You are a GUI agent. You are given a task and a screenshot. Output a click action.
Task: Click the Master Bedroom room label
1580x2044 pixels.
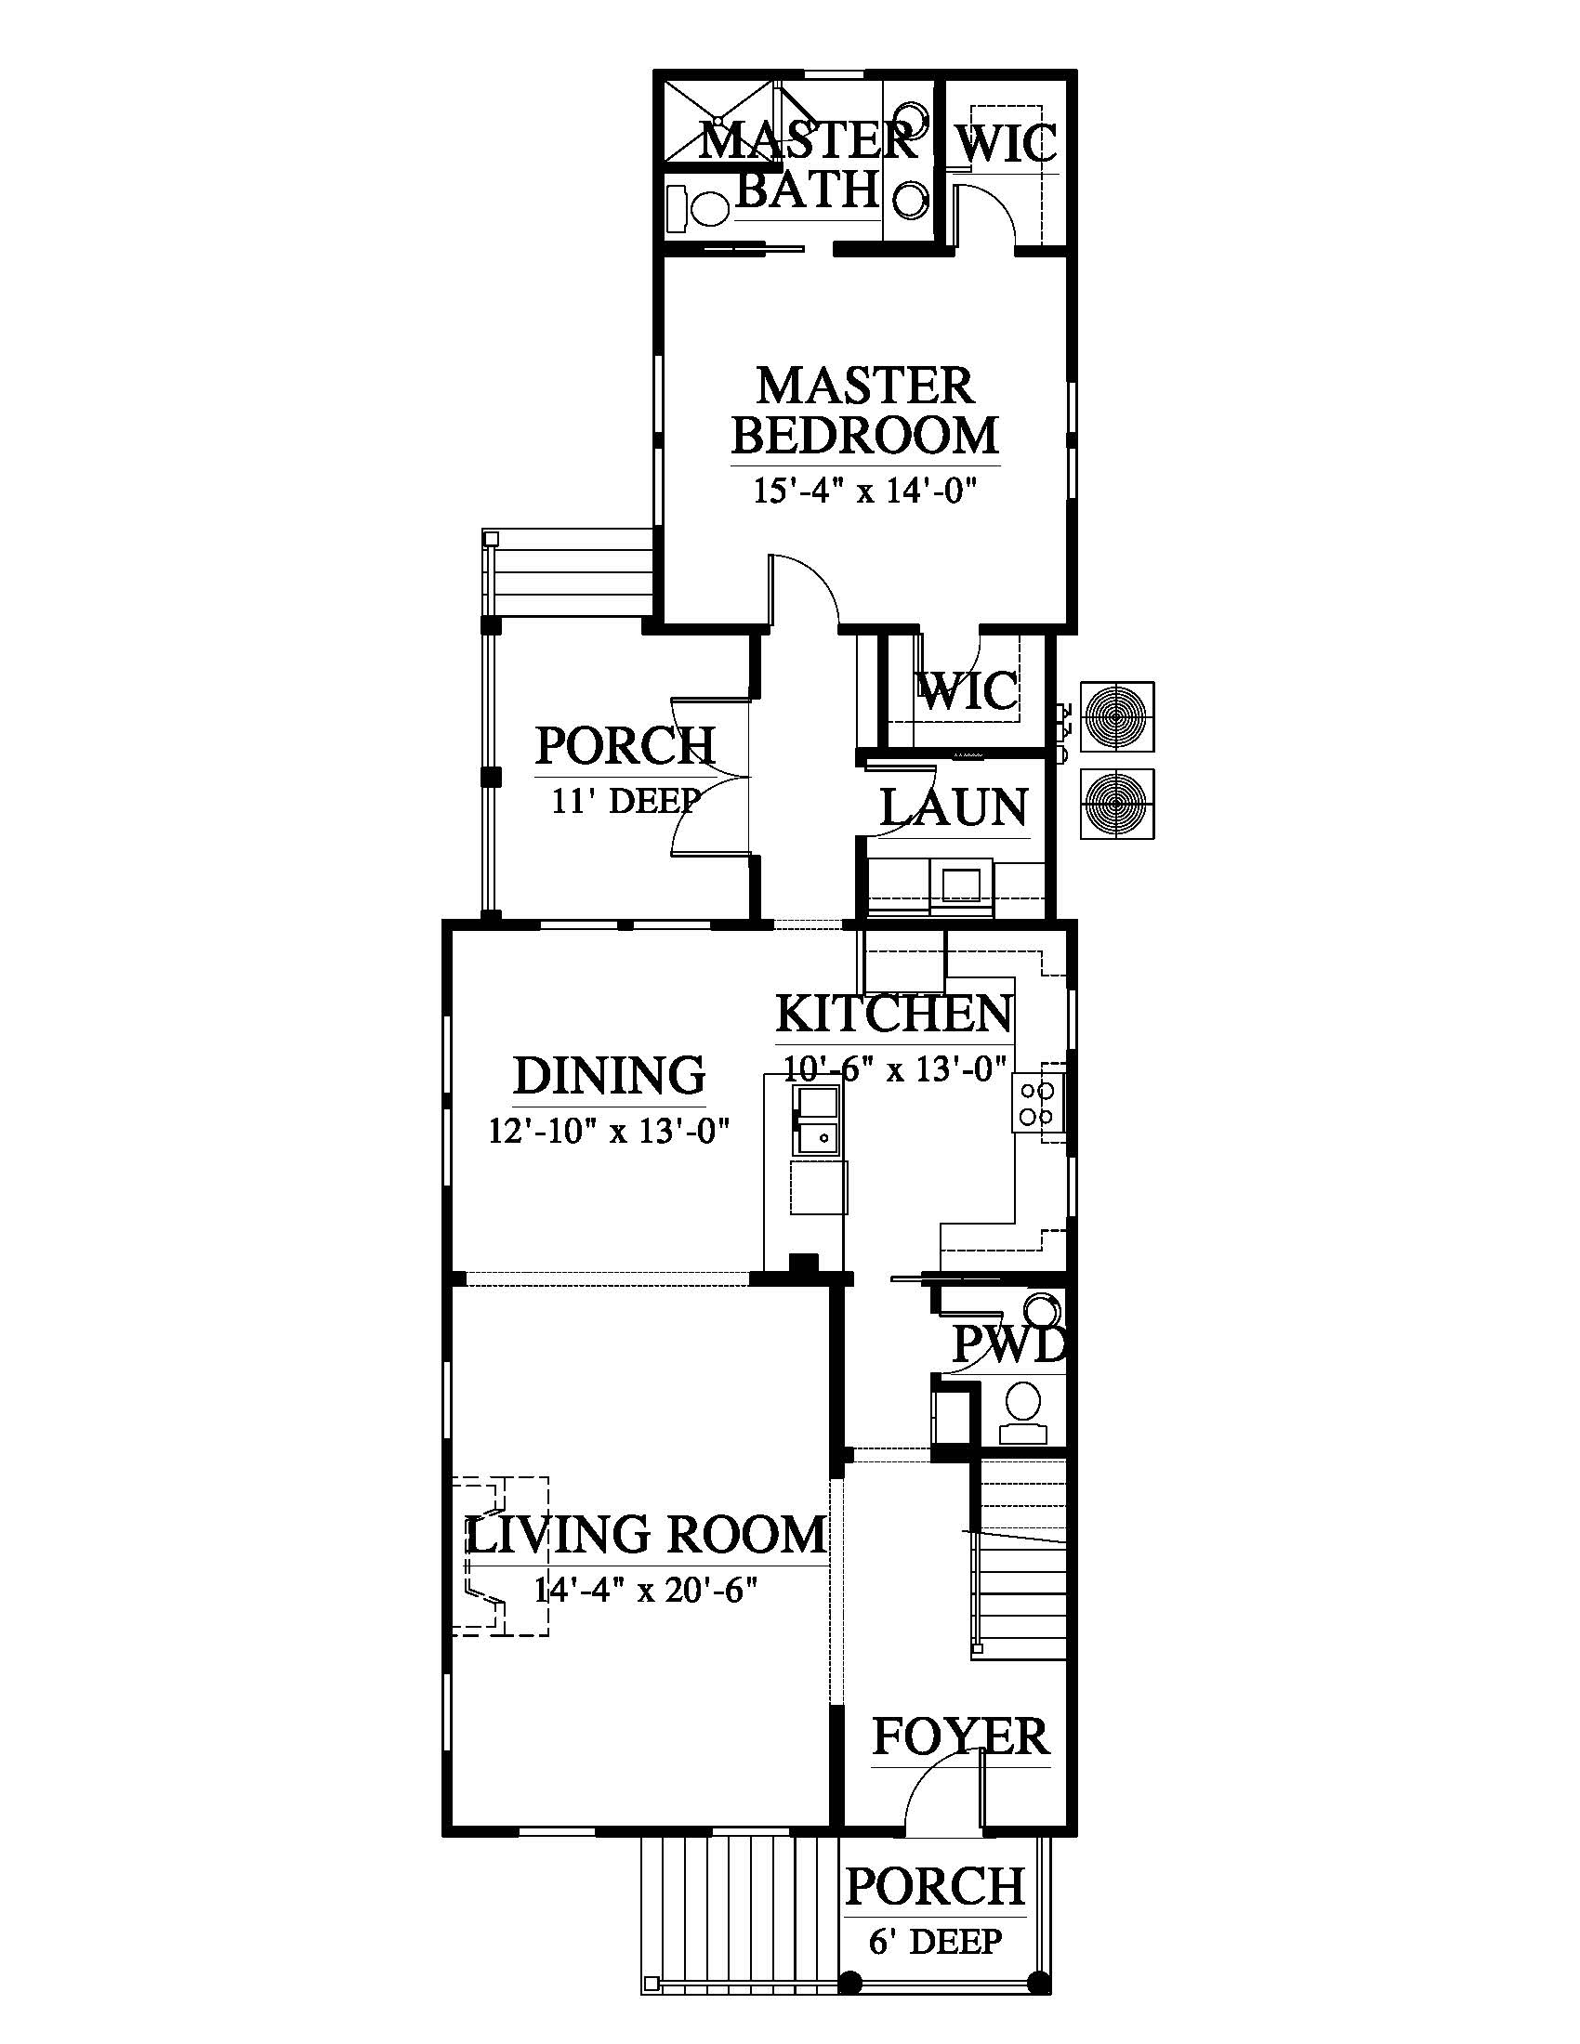point(865,410)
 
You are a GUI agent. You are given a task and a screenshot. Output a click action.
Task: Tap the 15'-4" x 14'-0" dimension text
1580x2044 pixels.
point(865,491)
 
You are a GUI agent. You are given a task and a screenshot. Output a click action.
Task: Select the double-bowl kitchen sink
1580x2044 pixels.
point(816,1120)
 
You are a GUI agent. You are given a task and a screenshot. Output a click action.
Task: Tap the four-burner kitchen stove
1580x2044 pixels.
point(1037,1103)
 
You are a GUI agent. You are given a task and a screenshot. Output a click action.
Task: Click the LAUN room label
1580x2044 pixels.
point(954,807)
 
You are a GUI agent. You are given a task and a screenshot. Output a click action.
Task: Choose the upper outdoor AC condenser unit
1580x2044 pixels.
point(1116,717)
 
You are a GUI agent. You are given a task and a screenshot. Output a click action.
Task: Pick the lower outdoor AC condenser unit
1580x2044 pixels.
point(1116,804)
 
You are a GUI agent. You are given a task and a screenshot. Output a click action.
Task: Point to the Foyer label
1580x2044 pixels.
point(960,1738)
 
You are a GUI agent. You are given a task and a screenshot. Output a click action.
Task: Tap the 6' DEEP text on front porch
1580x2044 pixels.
point(935,1942)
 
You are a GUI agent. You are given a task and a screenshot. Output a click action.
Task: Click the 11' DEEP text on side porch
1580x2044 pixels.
point(626,801)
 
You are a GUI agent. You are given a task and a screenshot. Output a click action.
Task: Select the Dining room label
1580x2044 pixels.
point(610,1075)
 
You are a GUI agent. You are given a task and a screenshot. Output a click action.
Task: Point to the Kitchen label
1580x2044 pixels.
point(894,1014)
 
